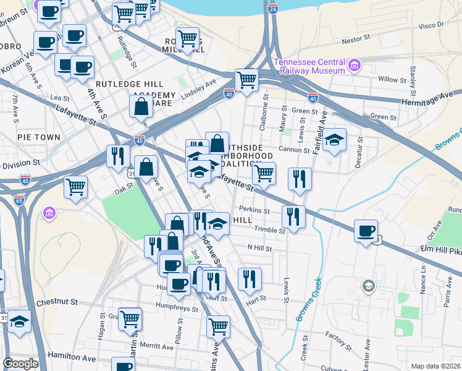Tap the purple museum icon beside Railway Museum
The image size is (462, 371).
(355, 65)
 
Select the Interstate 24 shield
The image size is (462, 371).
(273, 8)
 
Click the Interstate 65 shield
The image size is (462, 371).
(19, 200)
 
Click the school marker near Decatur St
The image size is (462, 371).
(334, 140)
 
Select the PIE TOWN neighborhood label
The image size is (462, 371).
(39, 137)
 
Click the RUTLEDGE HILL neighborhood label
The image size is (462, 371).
(129, 84)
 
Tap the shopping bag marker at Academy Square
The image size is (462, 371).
(141, 106)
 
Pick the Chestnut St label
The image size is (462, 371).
(56, 303)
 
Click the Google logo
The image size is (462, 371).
(20, 364)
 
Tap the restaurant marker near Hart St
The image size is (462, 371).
(249, 279)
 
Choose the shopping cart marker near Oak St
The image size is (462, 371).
(75, 186)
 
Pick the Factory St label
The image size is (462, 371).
(338, 338)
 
